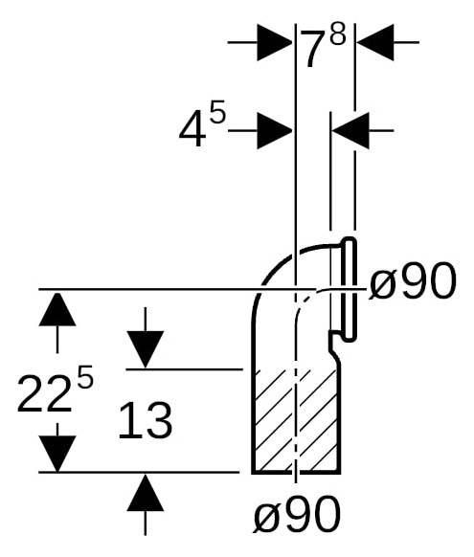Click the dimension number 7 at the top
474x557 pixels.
[313, 49]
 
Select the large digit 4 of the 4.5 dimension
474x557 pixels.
[192, 129]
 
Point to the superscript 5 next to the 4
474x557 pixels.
[217, 111]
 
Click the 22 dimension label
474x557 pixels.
[44, 394]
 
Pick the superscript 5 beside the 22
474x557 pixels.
[85, 376]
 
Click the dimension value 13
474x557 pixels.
[145, 420]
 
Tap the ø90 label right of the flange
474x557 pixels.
[412, 280]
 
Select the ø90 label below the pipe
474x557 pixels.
[297, 514]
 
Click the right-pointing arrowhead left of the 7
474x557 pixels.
[274, 42]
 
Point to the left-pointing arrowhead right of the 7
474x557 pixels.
[375, 42]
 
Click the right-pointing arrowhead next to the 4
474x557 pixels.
[274, 131]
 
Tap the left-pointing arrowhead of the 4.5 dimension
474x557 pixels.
[350, 131]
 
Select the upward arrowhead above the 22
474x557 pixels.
[57, 309]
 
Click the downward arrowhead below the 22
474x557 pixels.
[57, 454]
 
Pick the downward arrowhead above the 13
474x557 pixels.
[145, 349]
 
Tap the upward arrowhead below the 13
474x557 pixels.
[145, 493]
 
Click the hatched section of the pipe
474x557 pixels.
[296, 421]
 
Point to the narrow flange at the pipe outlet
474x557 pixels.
[349, 289]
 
